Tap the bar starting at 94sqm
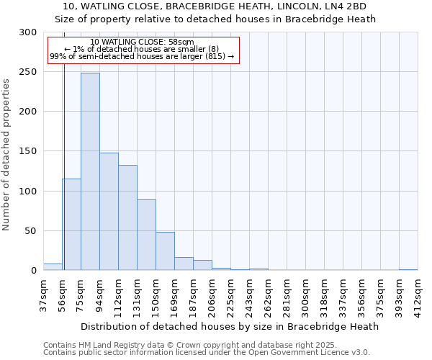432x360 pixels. [109, 212]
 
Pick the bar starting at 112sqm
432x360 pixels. [127, 217]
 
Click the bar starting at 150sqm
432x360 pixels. [165, 251]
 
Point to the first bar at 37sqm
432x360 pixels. [53, 267]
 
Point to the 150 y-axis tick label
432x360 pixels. [28, 152]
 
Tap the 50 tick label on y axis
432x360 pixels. [31, 231]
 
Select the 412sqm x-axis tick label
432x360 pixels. [418, 296]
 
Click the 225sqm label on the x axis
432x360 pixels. [230, 296]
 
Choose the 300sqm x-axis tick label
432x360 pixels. [305, 296]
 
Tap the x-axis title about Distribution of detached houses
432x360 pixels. [230, 326]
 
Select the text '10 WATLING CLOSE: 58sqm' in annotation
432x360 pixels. [143, 42]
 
